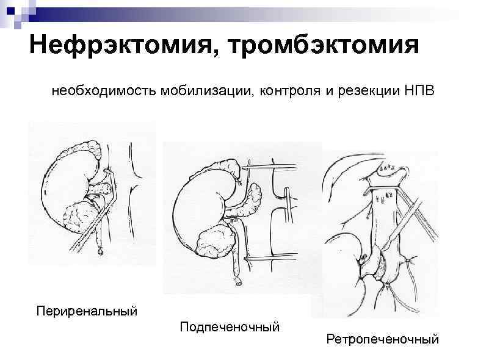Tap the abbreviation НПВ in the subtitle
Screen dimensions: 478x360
tap(419, 91)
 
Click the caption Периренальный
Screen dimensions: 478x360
tap(85, 311)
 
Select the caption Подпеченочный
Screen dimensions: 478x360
tap(230, 328)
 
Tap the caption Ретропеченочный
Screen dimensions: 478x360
tap(382, 338)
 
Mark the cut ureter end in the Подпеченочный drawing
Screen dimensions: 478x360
tap(237, 282)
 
